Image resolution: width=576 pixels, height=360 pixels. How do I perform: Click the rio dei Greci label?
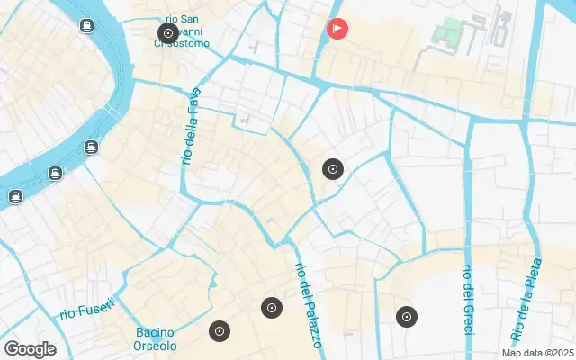coord(467,301)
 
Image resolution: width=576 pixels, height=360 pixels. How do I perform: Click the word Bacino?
coord(156,332)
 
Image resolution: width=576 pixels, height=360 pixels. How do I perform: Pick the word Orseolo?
coord(156,346)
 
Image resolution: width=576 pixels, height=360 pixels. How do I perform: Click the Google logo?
coord(30,349)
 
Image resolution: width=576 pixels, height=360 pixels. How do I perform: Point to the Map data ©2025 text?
coord(537,353)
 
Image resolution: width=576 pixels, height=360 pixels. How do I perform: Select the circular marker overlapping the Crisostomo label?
coord(167,34)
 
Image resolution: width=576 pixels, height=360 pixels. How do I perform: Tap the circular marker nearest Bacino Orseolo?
coord(219,331)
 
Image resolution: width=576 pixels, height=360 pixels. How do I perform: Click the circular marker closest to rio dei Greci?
coord(407,316)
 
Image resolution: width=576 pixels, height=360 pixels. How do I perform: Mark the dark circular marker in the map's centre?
coord(333,168)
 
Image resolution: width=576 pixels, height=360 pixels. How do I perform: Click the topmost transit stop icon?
coord(86,26)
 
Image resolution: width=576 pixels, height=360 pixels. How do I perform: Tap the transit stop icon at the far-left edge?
coord(15,196)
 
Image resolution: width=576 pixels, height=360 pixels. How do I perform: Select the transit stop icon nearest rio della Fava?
coord(91,147)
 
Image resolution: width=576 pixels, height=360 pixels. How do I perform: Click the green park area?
coord(447,33)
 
